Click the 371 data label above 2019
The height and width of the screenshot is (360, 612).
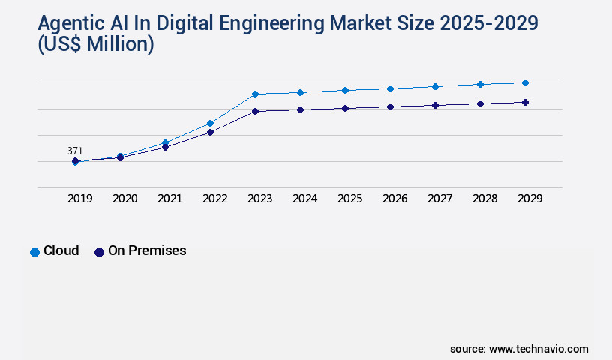[x=75, y=151]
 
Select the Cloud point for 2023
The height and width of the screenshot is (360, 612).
[x=255, y=94]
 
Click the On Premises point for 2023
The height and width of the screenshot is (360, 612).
[x=255, y=111]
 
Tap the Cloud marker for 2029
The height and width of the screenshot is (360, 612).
[x=525, y=82]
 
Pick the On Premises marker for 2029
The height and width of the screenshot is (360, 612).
[x=525, y=102]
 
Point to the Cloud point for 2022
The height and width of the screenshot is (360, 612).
[x=210, y=123]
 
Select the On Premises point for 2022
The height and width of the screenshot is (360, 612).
[x=210, y=132]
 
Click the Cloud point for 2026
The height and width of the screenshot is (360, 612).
[x=390, y=88]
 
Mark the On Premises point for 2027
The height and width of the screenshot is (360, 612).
[x=435, y=105]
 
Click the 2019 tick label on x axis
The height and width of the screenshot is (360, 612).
[x=80, y=199]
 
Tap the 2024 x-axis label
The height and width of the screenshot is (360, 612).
[x=304, y=199]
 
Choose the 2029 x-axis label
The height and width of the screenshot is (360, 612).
[x=529, y=199]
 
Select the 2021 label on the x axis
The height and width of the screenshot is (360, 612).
[x=169, y=199]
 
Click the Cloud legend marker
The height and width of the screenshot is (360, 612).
[x=34, y=252]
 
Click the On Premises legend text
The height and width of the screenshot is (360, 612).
[x=147, y=250]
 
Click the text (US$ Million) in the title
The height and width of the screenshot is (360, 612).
[x=95, y=45]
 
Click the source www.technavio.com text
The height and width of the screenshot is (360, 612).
[x=519, y=349]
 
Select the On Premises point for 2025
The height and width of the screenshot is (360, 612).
[x=345, y=108]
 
